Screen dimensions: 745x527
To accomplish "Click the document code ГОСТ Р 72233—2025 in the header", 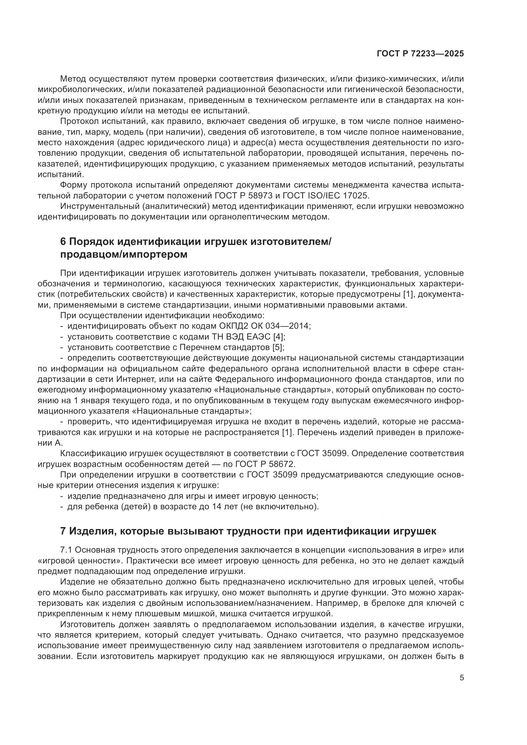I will [420, 54].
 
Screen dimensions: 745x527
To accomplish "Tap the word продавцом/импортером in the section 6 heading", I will [124, 255].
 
